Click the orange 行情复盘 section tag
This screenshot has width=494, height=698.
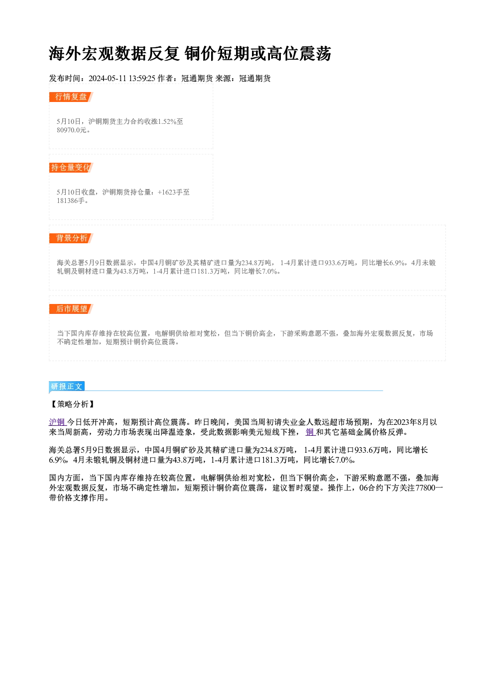71,97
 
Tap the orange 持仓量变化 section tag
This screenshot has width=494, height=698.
71,168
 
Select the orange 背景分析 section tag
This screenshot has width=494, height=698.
71,238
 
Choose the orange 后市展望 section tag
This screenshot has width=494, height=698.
71,309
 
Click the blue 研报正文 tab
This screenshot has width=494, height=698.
67,387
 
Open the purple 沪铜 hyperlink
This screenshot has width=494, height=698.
58,422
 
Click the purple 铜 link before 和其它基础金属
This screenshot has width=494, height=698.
310,432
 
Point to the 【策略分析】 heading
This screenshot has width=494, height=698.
72,404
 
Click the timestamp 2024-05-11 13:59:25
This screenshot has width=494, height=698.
122,79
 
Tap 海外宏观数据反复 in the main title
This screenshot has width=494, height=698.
114,54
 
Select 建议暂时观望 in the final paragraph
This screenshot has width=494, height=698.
296,488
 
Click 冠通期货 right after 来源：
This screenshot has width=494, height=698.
255,79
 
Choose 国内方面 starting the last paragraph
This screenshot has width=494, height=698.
65,478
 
